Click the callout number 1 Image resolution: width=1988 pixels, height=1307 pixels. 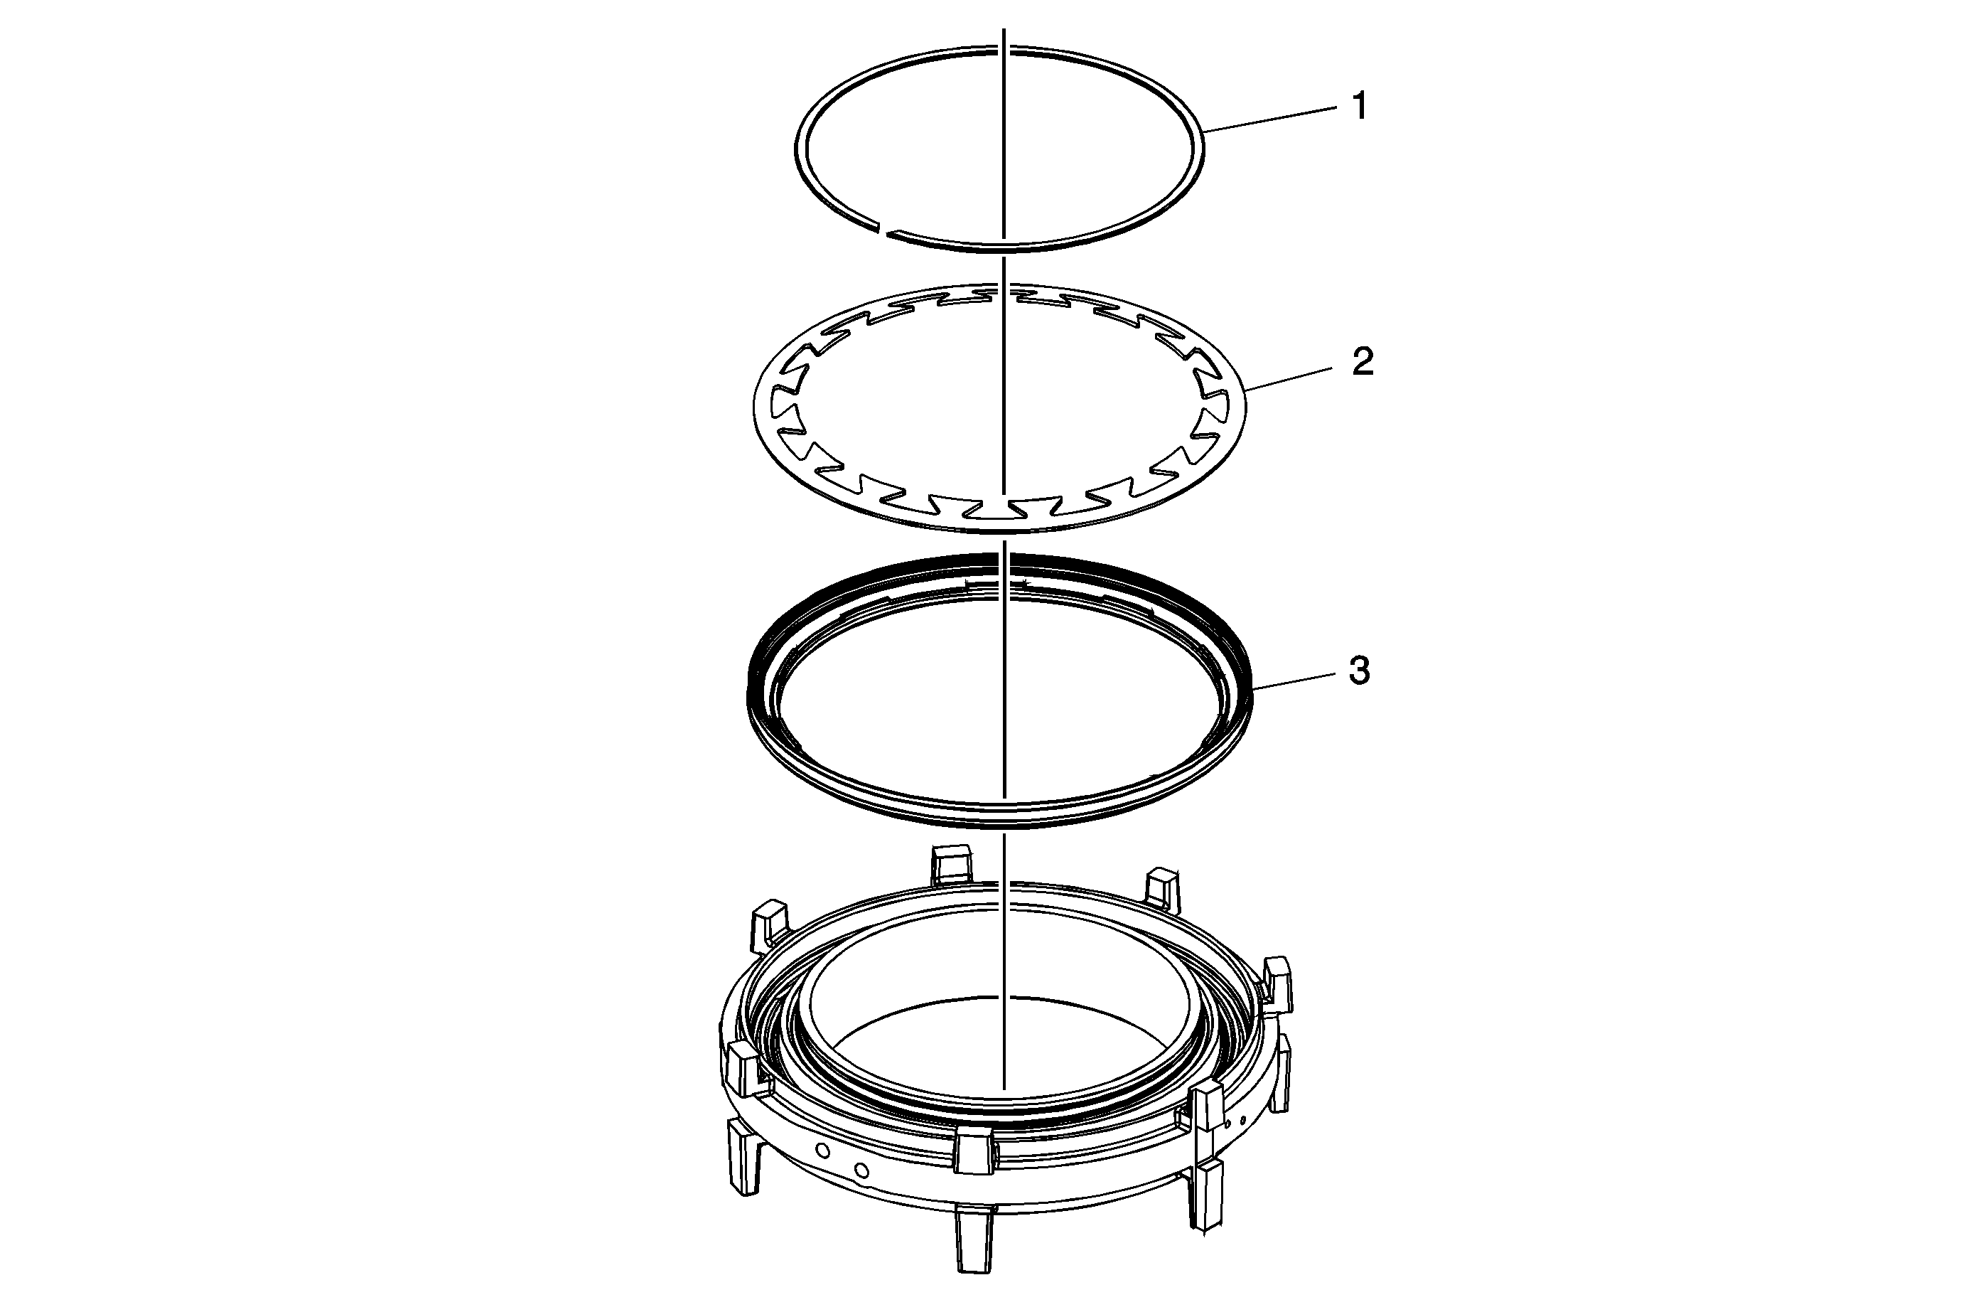pos(1360,107)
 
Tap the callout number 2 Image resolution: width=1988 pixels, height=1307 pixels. pos(1363,363)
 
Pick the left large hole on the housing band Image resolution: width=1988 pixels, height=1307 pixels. pos(823,1151)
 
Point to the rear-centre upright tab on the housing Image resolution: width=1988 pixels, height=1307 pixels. pos(950,865)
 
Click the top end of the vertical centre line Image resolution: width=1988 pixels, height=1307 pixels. pos(1004,29)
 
